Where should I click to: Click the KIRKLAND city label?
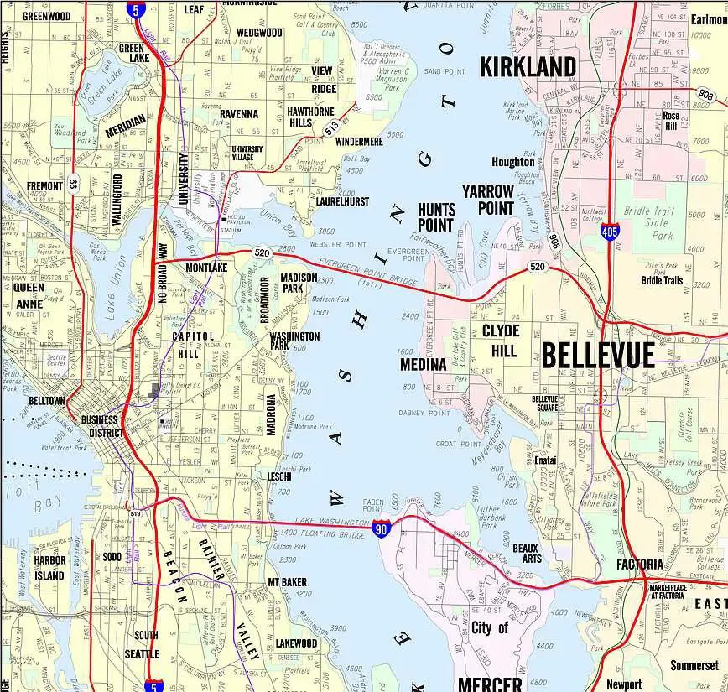tap(528, 67)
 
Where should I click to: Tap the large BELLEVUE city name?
tap(597, 356)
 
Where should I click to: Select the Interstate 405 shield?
tap(611, 232)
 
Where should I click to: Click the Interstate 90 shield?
tap(382, 528)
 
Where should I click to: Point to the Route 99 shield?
tap(73, 183)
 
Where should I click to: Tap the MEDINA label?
tap(423, 365)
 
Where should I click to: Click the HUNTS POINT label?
tap(436, 217)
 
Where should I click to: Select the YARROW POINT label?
tap(487, 199)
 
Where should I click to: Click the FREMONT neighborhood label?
tap(44, 186)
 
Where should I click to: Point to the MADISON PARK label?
tap(299, 283)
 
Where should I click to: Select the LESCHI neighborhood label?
tap(278, 476)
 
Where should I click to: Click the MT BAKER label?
tap(287, 582)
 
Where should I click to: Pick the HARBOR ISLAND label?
tap(49, 568)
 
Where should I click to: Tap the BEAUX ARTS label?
tap(527, 553)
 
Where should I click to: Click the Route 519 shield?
tap(135, 513)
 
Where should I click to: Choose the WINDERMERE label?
tap(359, 142)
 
